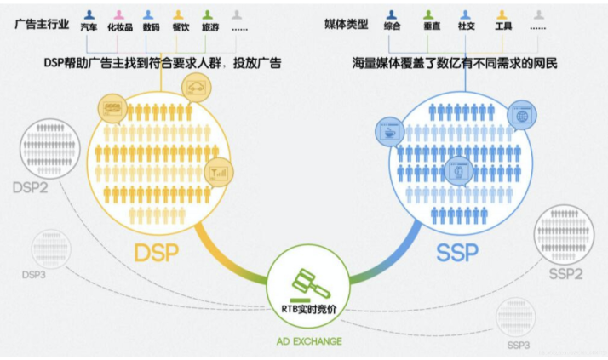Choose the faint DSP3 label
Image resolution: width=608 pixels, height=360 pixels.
tap(36, 274)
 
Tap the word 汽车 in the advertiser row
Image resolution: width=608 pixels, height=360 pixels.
tap(89, 28)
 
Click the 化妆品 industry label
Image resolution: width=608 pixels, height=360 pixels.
tap(120, 28)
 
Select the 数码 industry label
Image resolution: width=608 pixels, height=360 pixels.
tap(151, 28)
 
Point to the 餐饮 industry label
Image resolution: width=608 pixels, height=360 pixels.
tap(180, 28)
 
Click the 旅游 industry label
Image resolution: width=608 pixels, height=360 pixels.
tap(209, 28)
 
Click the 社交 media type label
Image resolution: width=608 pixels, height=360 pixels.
tap(466, 27)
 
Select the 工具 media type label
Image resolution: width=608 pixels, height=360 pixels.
tap(502, 27)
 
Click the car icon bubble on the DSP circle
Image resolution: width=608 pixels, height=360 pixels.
tap(198, 87)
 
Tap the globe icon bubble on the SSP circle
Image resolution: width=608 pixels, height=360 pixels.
tap(519, 114)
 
